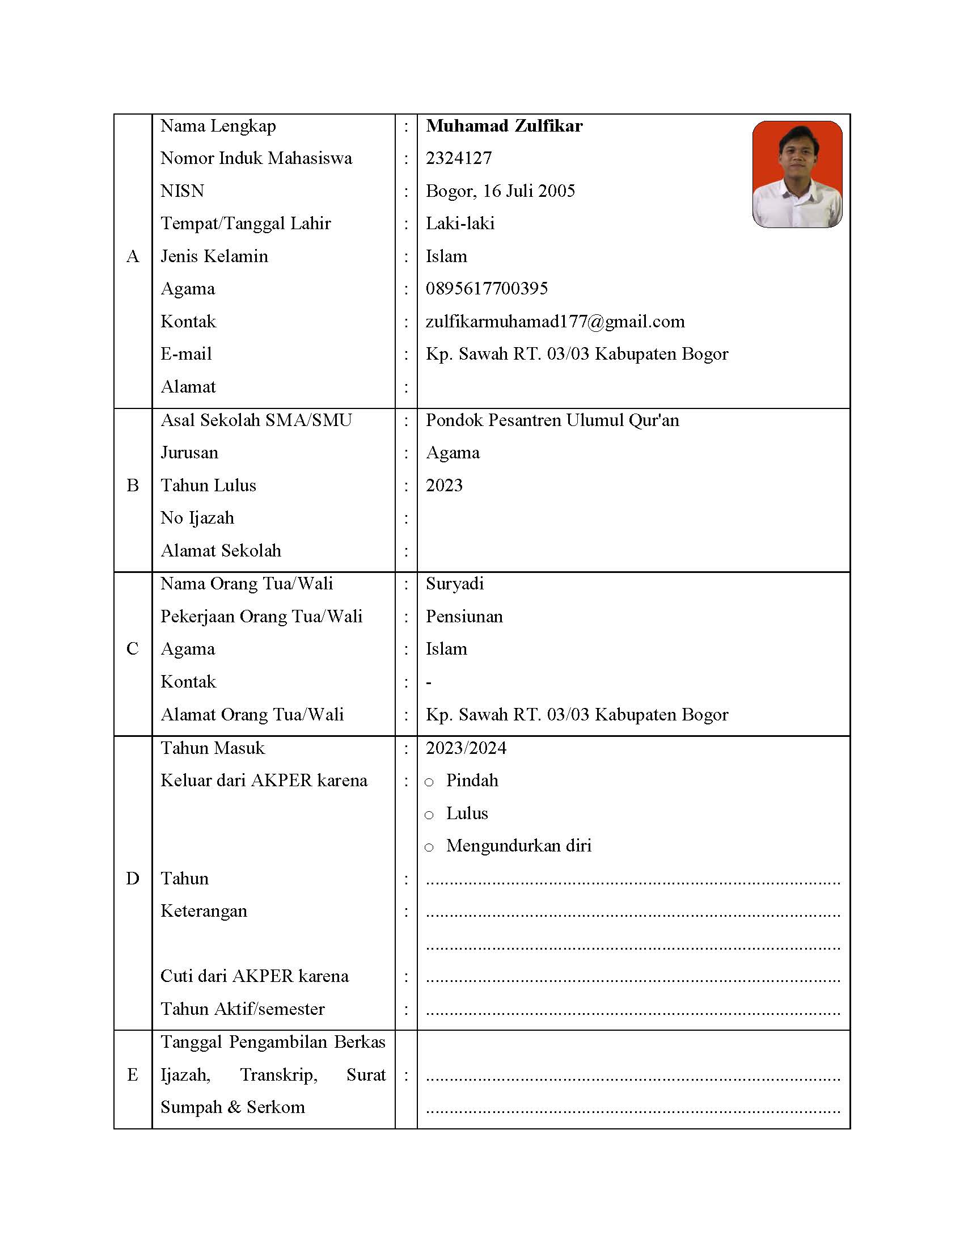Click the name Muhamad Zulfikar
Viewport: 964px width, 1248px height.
[x=504, y=126]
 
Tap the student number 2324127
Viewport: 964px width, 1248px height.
[x=459, y=158]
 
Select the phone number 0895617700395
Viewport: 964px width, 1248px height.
[x=487, y=289]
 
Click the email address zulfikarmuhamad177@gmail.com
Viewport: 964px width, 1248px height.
[x=555, y=322]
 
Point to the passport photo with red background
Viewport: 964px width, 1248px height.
[x=797, y=174]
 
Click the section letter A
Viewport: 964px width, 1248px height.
[x=133, y=256]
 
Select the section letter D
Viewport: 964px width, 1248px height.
[x=133, y=878]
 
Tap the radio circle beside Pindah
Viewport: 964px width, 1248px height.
[x=429, y=782]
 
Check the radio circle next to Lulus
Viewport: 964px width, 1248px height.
[x=429, y=815]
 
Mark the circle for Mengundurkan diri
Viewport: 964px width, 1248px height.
[x=429, y=848]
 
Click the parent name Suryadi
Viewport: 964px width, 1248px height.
[x=455, y=583]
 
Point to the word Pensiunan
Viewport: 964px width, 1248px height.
[x=464, y=617]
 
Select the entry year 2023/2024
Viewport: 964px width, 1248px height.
[x=466, y=748]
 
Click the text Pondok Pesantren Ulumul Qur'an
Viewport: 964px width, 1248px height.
[x=552, y=420]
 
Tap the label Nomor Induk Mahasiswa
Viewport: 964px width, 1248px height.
[x=256, y=158]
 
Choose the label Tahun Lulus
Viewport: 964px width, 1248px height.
[x=209, y=486]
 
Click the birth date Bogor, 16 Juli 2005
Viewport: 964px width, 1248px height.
[x=500, y=191]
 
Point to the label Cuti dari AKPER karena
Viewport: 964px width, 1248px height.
[x=255, y=976]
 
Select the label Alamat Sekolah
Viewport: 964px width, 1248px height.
[x=221, y=551]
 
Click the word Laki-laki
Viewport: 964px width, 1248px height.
[x=460, y=224]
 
